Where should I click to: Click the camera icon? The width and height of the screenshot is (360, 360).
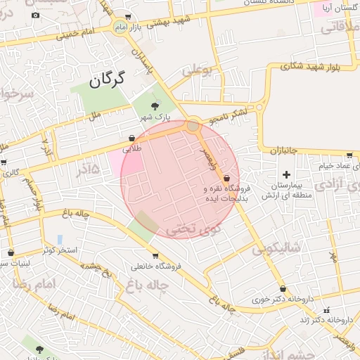[36, 15]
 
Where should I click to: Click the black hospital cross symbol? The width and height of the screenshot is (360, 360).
[286, 174]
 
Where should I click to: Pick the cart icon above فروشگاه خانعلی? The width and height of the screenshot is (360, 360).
[155, 255]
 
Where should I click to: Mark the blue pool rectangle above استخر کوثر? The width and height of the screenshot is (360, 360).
[60, 239]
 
